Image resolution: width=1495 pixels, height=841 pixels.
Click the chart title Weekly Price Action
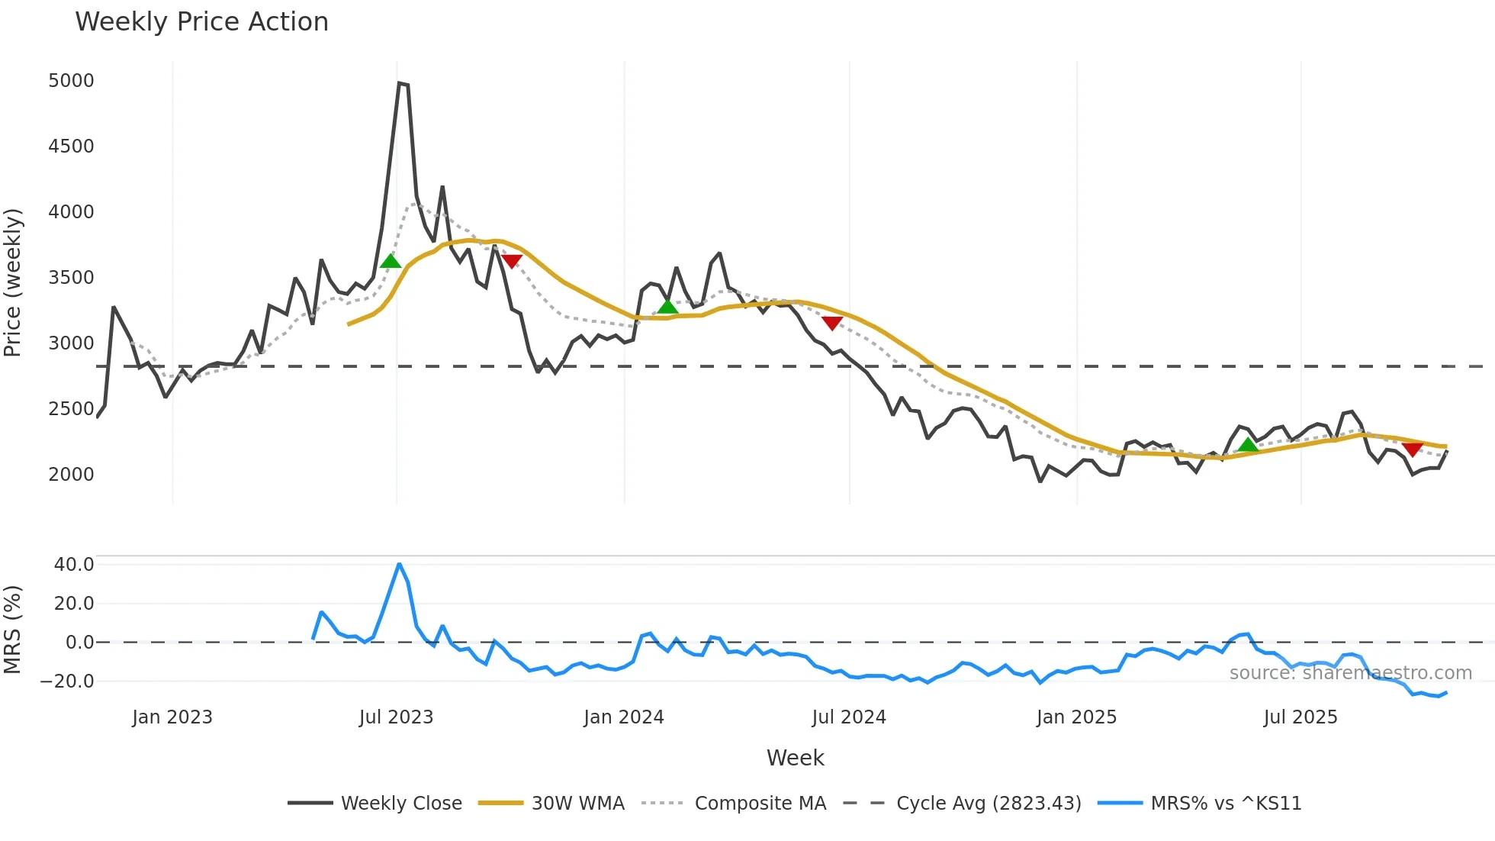pyautogui.click(x=201, y=22)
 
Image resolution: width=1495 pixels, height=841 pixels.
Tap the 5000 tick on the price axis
pyautogui.click(x=71, y=81)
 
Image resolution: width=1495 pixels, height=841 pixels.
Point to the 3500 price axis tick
pyautogui.click(x=71, y=278)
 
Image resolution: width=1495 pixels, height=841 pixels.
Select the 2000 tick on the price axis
pyautogui.click(x=71, y=475)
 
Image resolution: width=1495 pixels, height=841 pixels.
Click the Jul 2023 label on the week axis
pyautogui.click(x=396, y=717)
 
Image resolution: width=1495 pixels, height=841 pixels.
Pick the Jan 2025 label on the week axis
pyautogui.click(x=1076, y=717)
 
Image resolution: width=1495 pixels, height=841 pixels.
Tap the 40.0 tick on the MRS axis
pyautogui.click(x=74, y=565)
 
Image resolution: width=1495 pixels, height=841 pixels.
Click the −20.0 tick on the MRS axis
pyautogui.click(x=68, y=681)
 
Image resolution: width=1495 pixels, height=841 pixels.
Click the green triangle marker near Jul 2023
pyautogui.click(x=391, y=262)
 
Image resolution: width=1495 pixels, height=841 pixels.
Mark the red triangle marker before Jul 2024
pyautogui.click(x=832, y=323)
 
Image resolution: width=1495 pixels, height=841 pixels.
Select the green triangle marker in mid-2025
pyautogui.click(x=1248, y=445)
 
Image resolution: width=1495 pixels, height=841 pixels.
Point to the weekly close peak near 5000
pyautogui.click(x=400, y=83)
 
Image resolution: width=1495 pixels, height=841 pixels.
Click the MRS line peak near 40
pyautogui.click(x=400, y=564)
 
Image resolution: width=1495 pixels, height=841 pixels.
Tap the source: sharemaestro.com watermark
pyautogui.click(x=1350, y=673)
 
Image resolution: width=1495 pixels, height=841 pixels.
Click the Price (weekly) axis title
pyautogui.click(x=13, y=282)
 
